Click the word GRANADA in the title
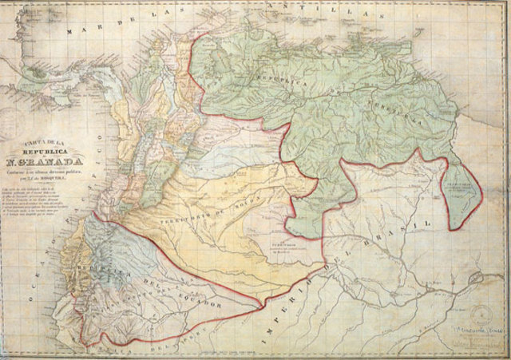(65, 168)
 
